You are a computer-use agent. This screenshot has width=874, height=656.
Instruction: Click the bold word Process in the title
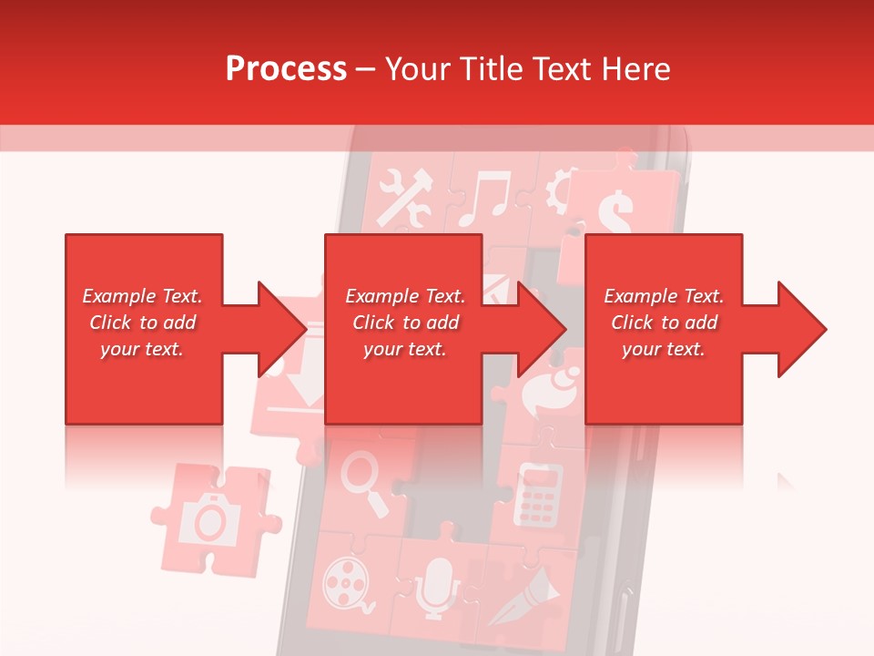(286, 69)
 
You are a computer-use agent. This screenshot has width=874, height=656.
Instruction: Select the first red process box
(143, 329)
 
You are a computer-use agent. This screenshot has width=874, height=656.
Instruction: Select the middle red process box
(403, 329)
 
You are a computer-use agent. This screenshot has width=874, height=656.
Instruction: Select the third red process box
(663, 329)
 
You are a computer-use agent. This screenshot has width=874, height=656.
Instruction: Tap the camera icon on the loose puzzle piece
(210, 518)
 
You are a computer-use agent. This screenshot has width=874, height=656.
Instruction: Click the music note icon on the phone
(483, 200)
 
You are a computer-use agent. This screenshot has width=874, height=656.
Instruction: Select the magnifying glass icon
(365, 482)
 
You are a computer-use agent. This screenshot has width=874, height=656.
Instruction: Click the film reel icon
(346, 582)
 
